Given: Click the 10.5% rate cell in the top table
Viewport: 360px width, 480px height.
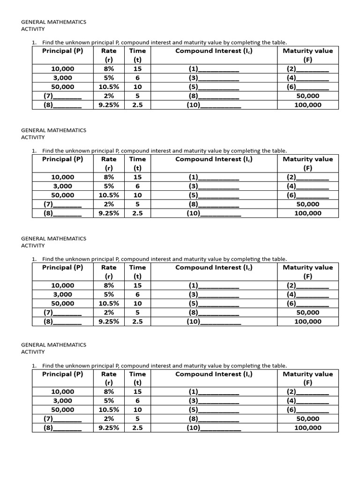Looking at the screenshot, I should [x=109, y=87].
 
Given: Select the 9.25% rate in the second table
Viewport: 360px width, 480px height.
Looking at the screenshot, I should [x=109, y=213].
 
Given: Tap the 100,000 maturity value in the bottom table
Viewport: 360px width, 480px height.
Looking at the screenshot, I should [x=307, y=427].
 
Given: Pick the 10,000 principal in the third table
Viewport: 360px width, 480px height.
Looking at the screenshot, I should [x=62, y=285].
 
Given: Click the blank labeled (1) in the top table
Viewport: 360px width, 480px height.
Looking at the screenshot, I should [x=214, y=69].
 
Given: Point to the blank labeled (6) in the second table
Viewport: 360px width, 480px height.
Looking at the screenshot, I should [x=307, y=195].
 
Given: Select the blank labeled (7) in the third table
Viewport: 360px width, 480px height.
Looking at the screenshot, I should [x=62, y=312].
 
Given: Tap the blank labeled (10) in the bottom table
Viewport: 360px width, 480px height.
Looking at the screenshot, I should [x=214, y=427].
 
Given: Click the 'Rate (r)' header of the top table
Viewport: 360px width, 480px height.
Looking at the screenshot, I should [x=109, y=55].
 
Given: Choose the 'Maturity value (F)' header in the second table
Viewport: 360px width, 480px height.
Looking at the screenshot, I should [x=307, y=164].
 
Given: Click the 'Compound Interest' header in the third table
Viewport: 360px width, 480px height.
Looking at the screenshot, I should [x=214, y=267].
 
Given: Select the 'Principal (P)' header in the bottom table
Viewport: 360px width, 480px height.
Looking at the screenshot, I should [x=62, y=374].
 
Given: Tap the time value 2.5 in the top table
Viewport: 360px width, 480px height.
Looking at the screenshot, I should [x=137, y=105].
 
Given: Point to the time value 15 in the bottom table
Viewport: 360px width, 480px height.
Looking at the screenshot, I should [x=137, y=391].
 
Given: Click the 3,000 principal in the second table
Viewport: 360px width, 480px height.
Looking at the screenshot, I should [x=62, y=186].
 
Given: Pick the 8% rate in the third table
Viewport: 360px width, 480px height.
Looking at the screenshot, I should [x=109, y=285].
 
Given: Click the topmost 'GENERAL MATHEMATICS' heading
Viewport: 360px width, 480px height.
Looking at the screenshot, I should [x=54, y=22].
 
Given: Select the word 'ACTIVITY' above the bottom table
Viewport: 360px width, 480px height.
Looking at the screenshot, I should [x=33, y=352].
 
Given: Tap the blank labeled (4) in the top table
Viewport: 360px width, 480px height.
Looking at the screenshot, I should [x=307, y=78].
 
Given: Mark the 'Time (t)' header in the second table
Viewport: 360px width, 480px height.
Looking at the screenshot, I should [x=137, y=164].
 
